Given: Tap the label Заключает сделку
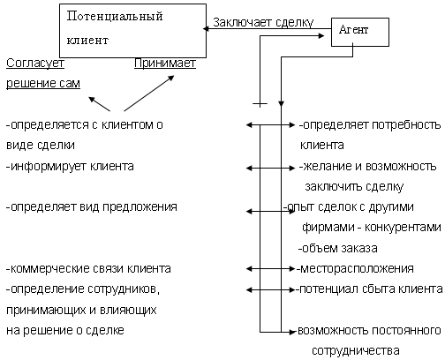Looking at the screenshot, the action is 263,23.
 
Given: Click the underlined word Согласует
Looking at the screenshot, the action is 35,64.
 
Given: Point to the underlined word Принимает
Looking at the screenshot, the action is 165,64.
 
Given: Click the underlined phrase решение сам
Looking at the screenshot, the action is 43,83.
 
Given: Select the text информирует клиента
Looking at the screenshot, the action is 72,167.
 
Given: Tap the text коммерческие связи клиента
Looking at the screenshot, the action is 91,268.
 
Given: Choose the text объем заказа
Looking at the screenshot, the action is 340,248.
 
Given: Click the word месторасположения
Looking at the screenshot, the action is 357,268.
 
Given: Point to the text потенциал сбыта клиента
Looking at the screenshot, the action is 371,289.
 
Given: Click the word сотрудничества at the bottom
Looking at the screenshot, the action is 356,351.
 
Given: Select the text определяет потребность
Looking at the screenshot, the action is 372,125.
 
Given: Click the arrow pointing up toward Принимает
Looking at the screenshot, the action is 149,94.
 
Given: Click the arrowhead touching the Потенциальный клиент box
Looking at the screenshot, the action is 206,28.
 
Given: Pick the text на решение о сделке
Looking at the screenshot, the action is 65,330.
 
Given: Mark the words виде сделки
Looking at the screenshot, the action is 41,146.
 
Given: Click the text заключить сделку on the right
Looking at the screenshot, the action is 354,187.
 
